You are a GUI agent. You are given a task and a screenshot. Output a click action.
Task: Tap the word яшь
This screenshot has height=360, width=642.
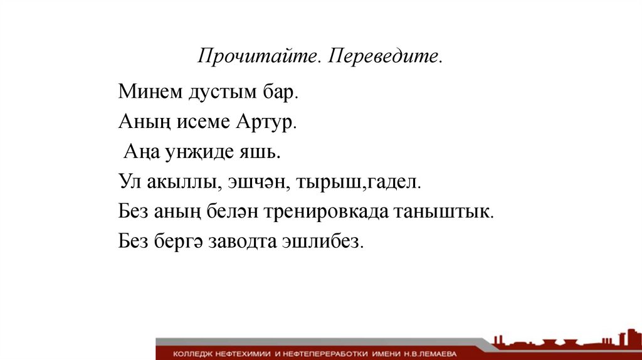coord(260,152)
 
